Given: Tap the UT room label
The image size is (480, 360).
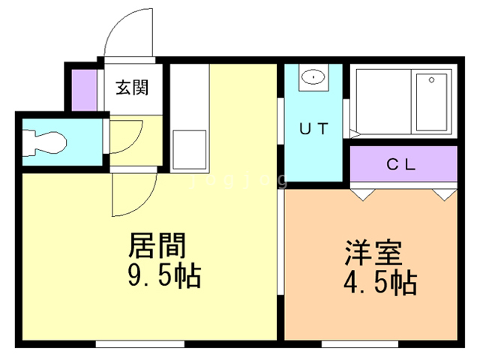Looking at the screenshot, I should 313,128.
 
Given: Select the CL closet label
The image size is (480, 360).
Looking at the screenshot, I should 401,164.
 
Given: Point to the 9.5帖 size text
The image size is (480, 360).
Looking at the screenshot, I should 162,277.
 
